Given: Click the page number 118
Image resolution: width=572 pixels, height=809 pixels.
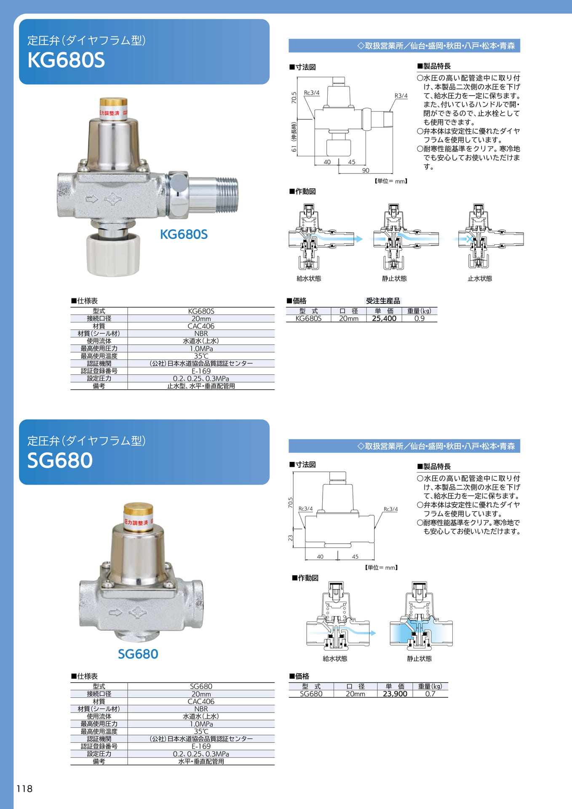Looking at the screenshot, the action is click(24, 789).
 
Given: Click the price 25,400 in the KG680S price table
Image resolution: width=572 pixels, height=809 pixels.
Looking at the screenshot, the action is click(384, 319).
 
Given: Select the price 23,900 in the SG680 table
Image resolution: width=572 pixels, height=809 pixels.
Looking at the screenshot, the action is click(395, 694).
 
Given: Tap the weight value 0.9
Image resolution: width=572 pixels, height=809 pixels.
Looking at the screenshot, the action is click(420, 319).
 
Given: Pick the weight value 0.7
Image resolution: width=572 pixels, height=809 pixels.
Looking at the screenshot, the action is click(430, 694).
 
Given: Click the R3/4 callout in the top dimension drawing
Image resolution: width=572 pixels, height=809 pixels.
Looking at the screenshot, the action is click(401, 96).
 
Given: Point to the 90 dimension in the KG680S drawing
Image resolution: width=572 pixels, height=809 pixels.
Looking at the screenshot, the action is click(366, 170).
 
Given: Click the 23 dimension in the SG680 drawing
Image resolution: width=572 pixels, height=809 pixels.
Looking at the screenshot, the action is click(290, 538).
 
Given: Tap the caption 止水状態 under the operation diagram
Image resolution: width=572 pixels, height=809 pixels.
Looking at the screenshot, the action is click(480, 279).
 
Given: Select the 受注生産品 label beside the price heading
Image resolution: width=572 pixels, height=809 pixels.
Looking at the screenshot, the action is click(383, 301).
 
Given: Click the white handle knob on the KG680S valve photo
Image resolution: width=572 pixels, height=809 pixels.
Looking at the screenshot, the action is click(113, 255).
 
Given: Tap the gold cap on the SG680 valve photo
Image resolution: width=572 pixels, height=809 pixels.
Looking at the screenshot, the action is click(138, 510).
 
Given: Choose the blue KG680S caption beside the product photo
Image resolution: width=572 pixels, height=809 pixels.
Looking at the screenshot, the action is click(184, 234).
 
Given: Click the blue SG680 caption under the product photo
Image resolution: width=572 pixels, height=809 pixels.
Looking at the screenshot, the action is click(138, 654).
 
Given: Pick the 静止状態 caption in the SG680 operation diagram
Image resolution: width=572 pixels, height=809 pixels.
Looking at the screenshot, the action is click(420, 659).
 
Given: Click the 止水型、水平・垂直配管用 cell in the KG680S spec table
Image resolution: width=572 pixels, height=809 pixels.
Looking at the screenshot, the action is click(201, 386).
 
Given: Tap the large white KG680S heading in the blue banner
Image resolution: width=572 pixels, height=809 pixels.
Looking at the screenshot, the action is click(66, 60).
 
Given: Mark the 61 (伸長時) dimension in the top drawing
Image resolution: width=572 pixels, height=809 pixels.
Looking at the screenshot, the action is click(294, 137).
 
